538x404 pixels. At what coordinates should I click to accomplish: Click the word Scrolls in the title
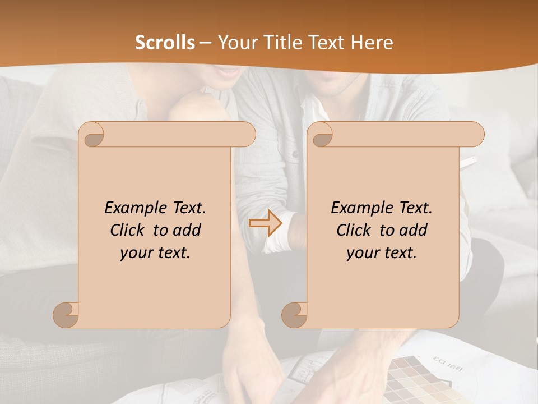click(x=165, y=43)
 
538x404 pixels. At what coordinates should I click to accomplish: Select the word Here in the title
click(x=372, y=43)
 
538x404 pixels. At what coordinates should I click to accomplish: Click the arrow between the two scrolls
click(x=266, y=223)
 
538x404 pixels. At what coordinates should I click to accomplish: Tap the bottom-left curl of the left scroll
click(x=66, y=314)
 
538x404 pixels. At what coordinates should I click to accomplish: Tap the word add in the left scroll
click(x=187, y=230)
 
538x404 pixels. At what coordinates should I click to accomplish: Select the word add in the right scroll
click(x=414, y=230)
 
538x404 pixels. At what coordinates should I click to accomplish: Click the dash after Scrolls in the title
click(x=206, y=43)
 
